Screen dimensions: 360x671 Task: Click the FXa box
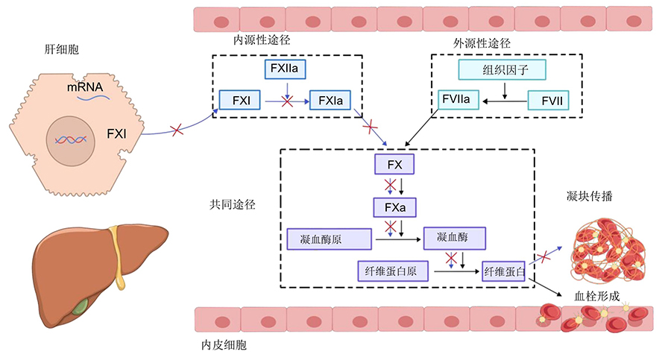pyautogui.click(x=395, y=206)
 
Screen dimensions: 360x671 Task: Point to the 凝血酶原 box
pyautogui.click(x=329, y=239)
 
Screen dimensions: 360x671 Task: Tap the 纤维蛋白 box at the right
pyautogui.click(x=504, y=270)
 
